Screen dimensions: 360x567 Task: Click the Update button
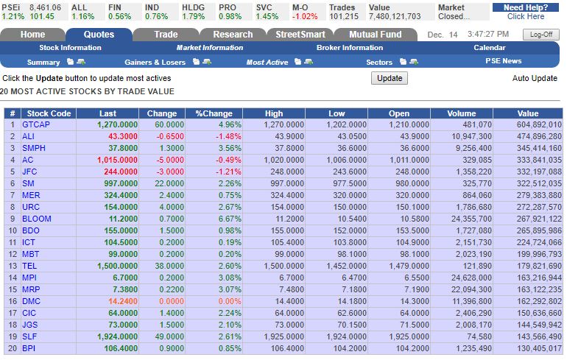point(389,78)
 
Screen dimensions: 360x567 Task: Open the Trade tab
point(166,35)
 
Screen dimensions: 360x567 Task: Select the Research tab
point(233,35)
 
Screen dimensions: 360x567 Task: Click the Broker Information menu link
point(349,48)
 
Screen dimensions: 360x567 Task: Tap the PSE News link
point(503,61)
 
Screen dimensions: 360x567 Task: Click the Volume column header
point(461,113)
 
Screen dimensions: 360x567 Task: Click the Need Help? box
point(526,11)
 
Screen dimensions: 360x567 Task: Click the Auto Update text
point(534,78)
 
